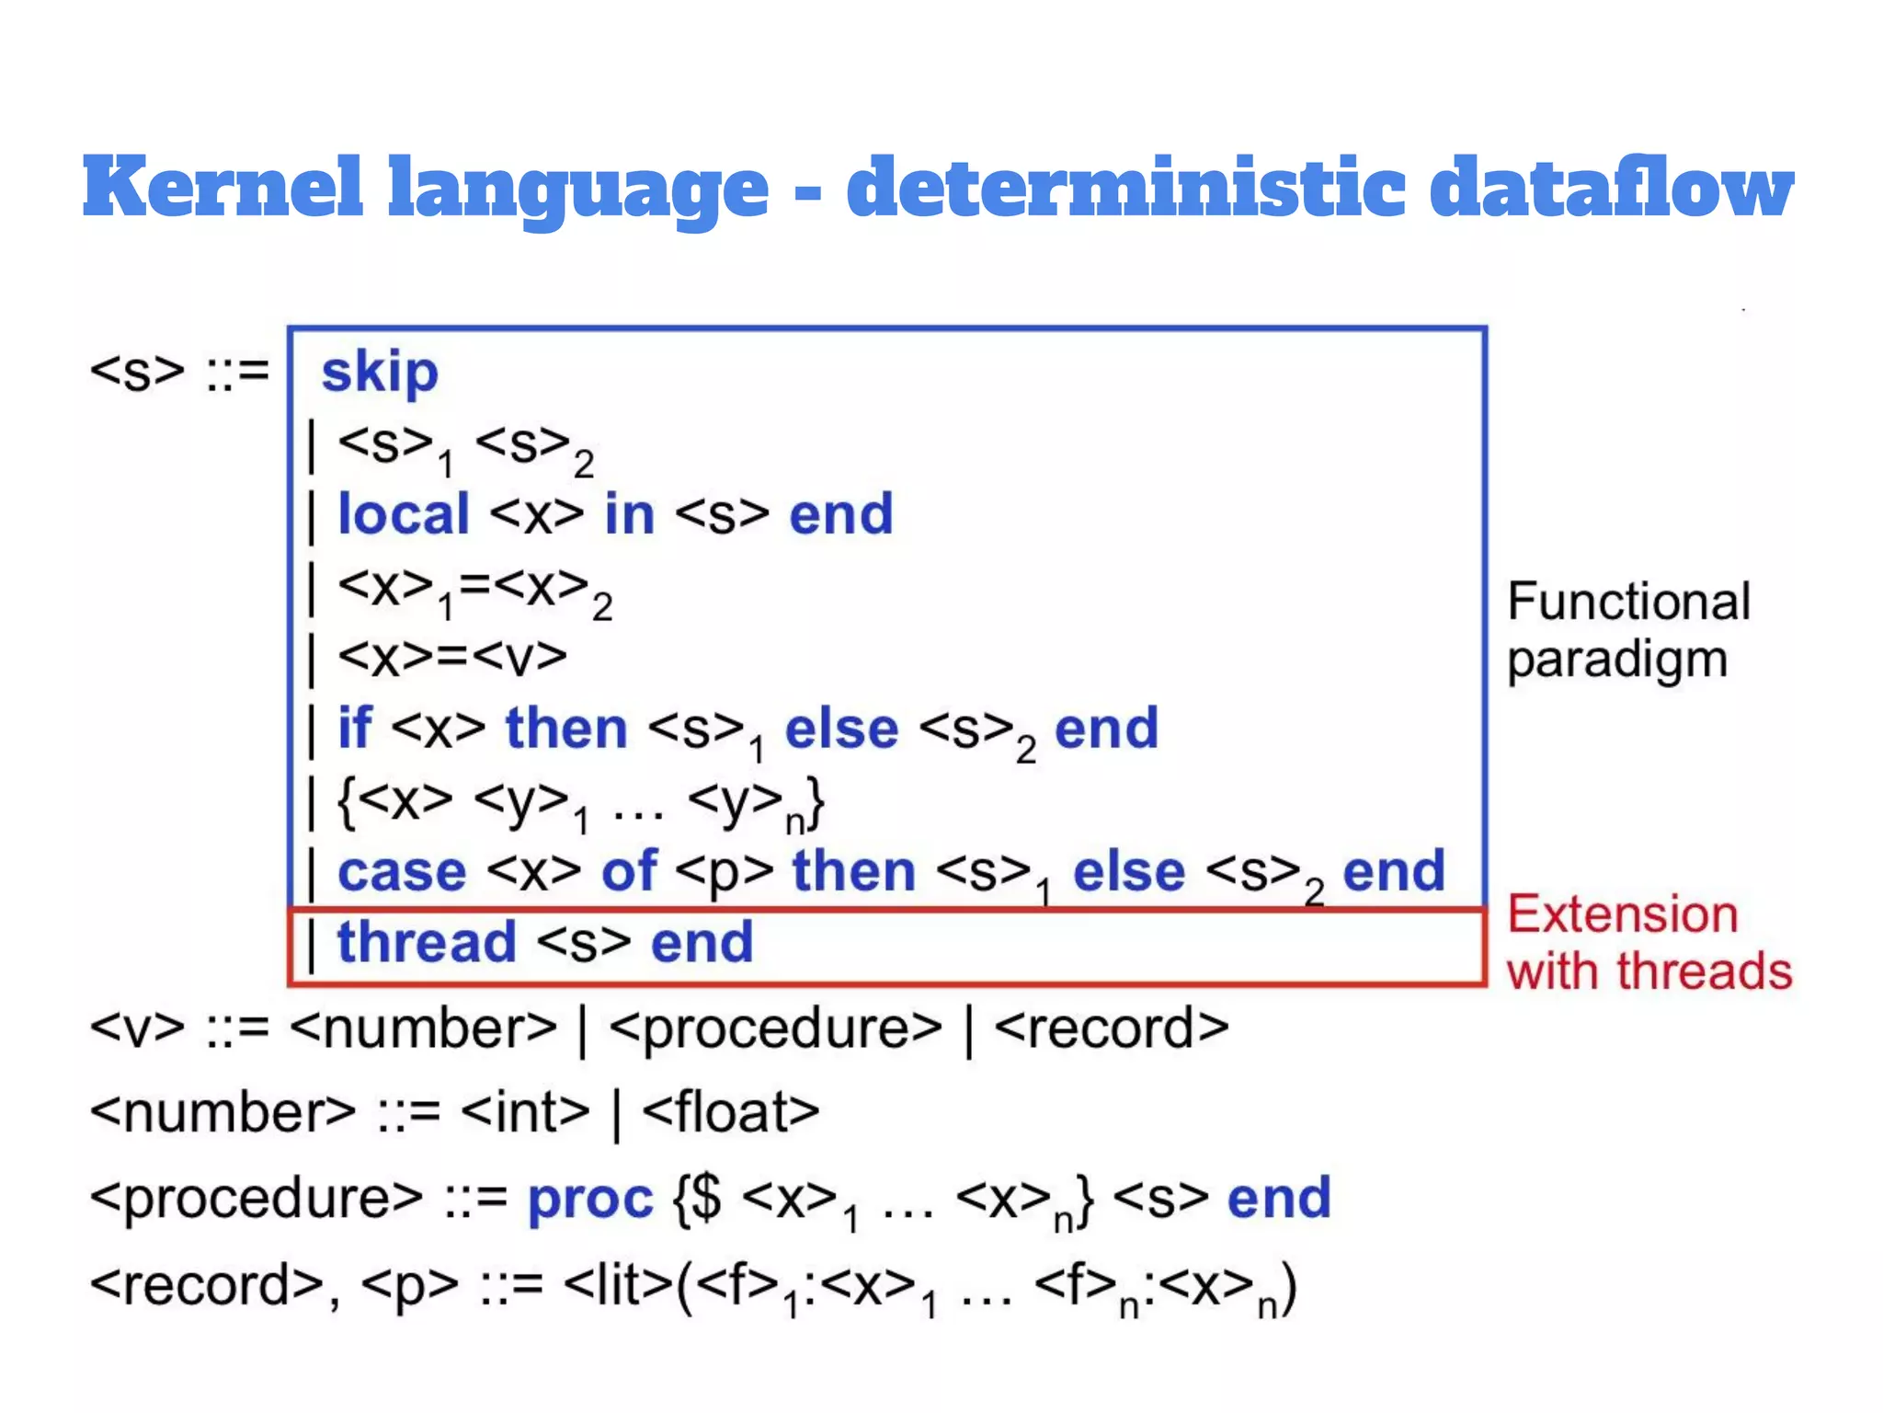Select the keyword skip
point(380,373)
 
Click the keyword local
point(404,514)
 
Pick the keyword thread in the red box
point(427,943)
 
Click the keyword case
point(402,872)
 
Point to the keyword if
point(355,729)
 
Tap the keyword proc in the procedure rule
point(589,1199)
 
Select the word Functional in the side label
point(1628,603)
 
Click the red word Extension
point(1623,915)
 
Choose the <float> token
point(730,1113)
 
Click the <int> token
point(525,1113)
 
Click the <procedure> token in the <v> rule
point(775,1029)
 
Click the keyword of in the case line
point(629,872)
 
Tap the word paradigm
point(1617,661)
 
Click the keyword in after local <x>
point(630,514)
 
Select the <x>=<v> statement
point(452,657)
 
